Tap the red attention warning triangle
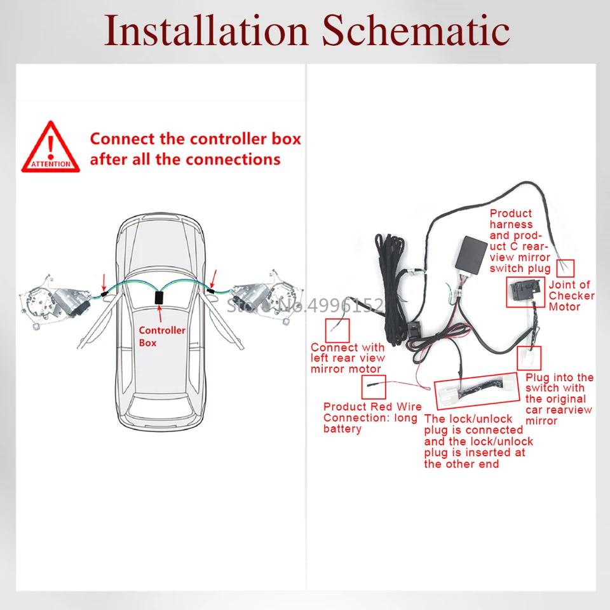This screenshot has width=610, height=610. pyautogui.click(x=51, y=147)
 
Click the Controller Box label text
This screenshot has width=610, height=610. pyautogui.click(x=162, y=336)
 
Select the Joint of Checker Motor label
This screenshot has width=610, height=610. pyautogui.click(x=572, y=295)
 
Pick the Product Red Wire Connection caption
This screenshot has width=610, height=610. pyautogui.click(x=372, y=417)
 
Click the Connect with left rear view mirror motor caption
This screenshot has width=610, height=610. pyautogui.click(x=347, y=358)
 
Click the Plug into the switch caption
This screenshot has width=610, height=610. pyautogui.click(x=559, y=398)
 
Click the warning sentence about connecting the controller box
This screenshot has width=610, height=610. pyautogui.click(x=195, y=148)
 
